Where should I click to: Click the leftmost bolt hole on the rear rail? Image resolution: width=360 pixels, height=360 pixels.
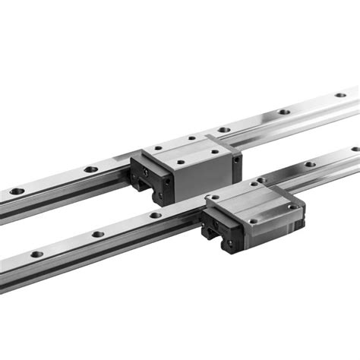(x=17, y=191)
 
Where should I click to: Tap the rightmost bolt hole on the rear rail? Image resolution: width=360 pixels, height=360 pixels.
(x=341, y=95)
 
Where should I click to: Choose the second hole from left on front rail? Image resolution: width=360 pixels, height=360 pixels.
(x=97, y=234)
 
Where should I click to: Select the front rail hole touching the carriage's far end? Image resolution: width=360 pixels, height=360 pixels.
(x=262, y=180)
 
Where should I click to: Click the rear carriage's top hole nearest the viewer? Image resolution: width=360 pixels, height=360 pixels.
(x=181, y=161)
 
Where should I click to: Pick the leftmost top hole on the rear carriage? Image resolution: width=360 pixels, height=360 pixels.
(x=157, y=148)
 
